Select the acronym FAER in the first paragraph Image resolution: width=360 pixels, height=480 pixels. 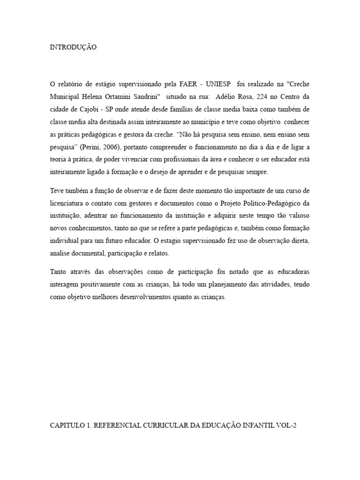(x=189, y=84)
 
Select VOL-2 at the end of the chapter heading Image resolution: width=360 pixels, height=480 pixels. (x=287, y=425)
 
